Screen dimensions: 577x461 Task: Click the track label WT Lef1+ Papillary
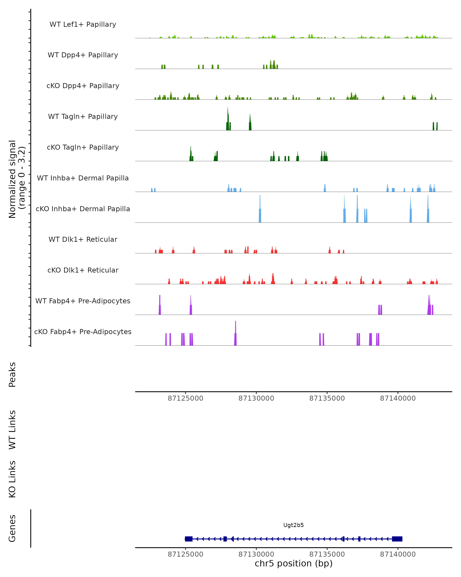[83, 24]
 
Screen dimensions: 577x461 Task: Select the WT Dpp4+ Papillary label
[83, 55]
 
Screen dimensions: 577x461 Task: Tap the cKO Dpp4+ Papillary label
[83, 86]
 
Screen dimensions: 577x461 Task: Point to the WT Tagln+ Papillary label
[83, 117]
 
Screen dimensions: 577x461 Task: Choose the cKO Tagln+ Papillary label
[83, 148]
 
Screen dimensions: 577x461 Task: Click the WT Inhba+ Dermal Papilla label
[83, 178]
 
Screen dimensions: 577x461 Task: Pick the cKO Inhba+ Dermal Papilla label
[83, 209]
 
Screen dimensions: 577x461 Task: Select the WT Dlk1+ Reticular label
[83, 239]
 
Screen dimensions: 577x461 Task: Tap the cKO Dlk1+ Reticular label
[83, 270]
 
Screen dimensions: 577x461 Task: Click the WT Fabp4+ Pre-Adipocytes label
[83, 301]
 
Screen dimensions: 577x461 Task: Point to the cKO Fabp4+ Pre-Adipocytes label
[83, 332]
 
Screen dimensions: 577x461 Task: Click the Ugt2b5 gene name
[294, 525]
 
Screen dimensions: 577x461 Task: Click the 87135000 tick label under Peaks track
[327, 399]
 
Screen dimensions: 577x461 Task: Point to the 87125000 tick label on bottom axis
[186, 554]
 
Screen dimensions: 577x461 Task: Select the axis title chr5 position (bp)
[294, 564]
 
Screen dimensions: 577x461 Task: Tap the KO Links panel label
[12, 479]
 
